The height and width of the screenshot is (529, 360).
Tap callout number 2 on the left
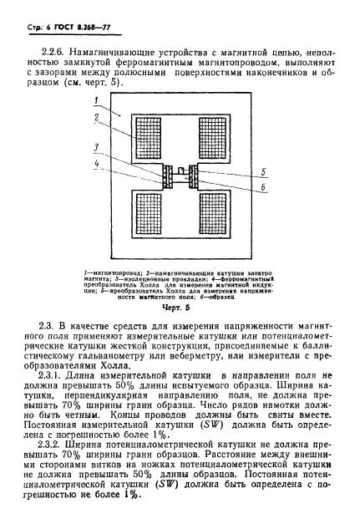pyautogui.click(x=97, y=118)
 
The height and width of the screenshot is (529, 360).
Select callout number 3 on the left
pyautogui.click(x=97, y=146)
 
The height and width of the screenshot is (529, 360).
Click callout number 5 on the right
pyautogui.click(x=263, y=172)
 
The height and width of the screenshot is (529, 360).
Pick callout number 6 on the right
pyautogui.click(x=263, y=190)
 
